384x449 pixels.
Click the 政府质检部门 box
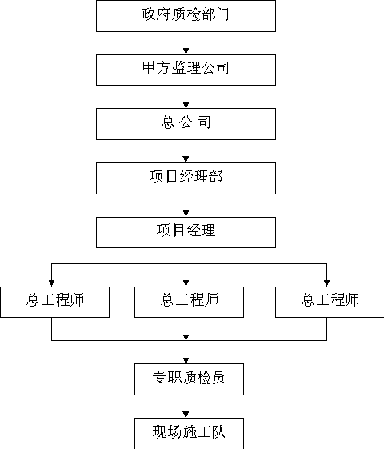coord(186,16)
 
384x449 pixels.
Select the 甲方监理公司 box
coord(186,70)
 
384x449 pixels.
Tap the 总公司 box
coord(186,124)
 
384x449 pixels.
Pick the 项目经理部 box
coord(186,178)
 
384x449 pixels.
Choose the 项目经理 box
coord(186,232)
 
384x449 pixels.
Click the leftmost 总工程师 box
coord(54,302)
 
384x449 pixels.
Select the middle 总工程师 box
coord(189,302)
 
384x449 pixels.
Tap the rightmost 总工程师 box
coord(330,302)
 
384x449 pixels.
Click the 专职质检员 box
coord(189,379)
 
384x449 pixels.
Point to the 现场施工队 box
coord(189,434)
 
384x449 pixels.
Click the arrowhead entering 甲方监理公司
coord(186,51)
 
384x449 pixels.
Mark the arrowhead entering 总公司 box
coord(186,105)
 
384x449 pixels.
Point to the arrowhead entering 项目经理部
coord(186,159)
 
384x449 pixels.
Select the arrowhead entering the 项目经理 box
coord(186,214)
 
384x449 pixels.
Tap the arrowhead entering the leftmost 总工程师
coord(51,283)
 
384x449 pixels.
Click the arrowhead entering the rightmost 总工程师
coord(326,283)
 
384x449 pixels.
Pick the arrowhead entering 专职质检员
coord(186,360)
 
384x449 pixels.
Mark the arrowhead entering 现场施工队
coord(186,415)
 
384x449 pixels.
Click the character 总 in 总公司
coord(168,122)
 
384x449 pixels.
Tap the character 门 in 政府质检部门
coord(223,14)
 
